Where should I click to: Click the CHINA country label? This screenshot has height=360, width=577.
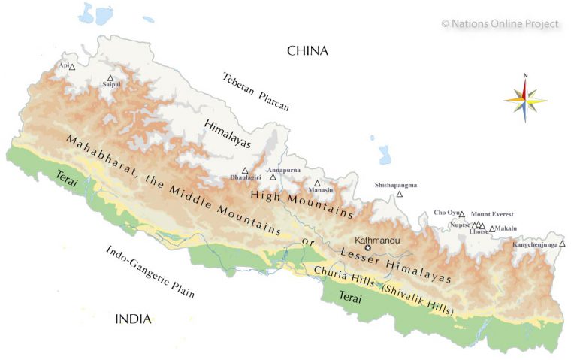tap(308, 51)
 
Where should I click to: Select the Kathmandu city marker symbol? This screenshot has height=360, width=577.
tap(368, 248)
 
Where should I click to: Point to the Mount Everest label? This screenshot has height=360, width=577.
tap(492, 214)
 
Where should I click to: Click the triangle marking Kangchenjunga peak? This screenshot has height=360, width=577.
tap(562, 244)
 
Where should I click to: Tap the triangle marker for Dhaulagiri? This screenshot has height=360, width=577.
tap(245, 171)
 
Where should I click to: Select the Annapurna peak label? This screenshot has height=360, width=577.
tap(283, 169)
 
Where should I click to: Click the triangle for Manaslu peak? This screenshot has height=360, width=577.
tap(318, 183)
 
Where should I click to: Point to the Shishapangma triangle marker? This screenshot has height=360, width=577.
tap(400, 195)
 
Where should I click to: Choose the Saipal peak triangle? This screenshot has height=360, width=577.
tap(110, 77)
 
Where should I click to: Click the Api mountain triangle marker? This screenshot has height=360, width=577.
tap(72, 67)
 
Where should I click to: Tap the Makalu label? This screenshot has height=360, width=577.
tap(507, 228)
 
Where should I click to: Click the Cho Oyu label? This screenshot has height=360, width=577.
tap(446, 213)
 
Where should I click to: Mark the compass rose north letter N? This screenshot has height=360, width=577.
tap(525, 75)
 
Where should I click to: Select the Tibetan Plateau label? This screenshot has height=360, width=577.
tap(255, 92)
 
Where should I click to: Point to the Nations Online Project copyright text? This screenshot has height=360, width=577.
tap(500, 23)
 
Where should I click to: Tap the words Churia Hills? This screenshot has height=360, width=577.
tap(346, 274)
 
